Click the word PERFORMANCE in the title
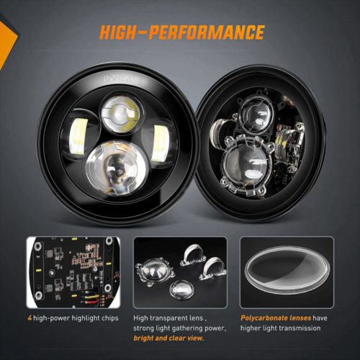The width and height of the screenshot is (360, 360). pos(206,32)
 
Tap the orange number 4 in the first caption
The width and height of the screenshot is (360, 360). pos(30,318)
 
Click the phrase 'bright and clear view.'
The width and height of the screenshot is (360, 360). pos(168,338)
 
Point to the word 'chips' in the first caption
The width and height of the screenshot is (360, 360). pos(110,318)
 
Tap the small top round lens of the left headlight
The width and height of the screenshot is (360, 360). pos(121,114)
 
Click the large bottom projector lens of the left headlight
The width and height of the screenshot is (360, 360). pos(116,168)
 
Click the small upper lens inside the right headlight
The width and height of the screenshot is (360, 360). pos(256,114)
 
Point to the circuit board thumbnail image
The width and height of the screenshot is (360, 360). pos(73,272)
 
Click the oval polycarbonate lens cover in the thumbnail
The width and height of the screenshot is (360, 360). pos(287,270)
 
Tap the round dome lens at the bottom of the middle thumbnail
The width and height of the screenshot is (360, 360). pos(181,289)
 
